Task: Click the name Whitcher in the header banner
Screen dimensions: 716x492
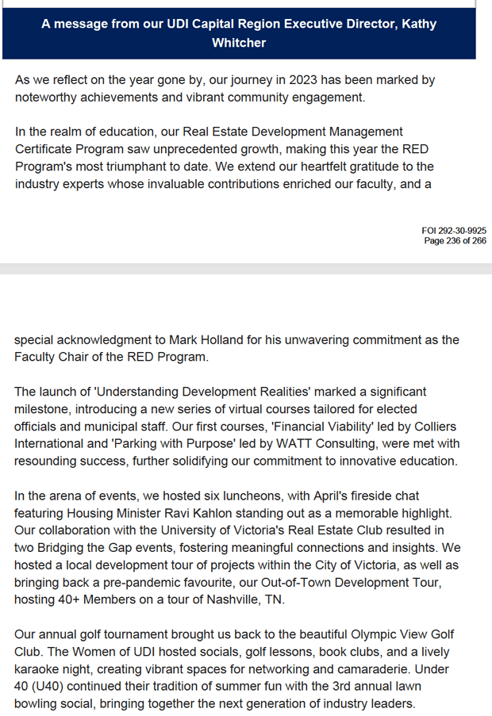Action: point(239,43)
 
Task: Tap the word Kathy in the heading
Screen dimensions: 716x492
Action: point(419,25)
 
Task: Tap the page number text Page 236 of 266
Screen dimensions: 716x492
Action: point(455,240)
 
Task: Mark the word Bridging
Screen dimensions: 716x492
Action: point(67,547)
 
